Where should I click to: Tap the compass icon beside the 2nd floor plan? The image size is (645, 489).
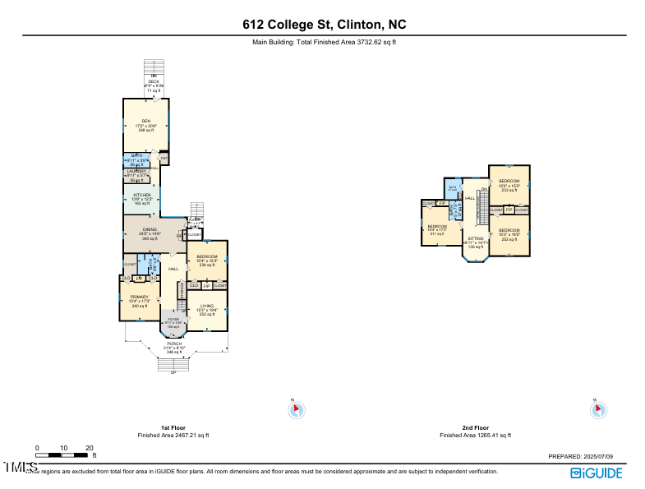599,409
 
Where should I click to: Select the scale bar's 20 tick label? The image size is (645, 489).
89,448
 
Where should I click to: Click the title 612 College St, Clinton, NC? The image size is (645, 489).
322,24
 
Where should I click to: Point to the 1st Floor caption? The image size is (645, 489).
173,428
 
